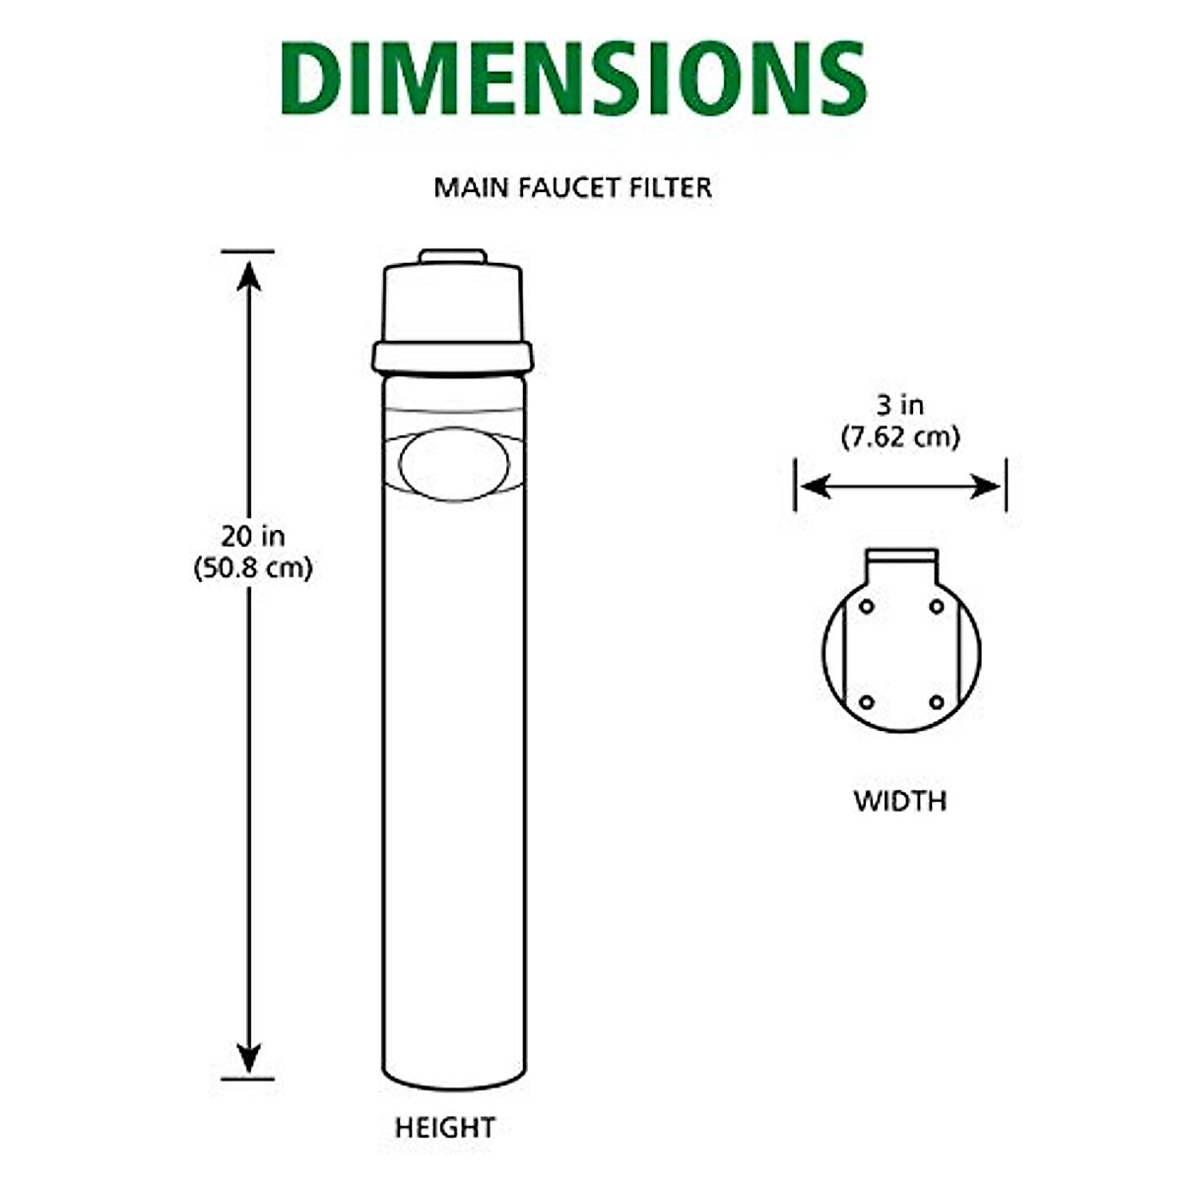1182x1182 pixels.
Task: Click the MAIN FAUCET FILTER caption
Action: click(572, 187)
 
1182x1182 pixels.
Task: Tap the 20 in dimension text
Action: click(252, 537)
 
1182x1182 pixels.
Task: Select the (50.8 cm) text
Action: click(252, 568)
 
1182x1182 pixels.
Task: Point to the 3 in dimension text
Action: click(899, 405)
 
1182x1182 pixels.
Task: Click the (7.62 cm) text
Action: click(899, 436)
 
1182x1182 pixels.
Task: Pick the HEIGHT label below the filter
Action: click(445, 1128)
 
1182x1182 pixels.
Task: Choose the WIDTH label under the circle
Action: click(899, 801)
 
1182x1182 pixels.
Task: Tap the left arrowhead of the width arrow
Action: click(814, 486)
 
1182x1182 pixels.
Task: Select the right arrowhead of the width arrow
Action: click(986, 486)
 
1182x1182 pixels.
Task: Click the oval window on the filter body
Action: click(454, 464)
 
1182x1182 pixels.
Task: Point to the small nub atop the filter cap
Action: click(452, 257)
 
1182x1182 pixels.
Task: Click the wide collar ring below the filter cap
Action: click(452, 357)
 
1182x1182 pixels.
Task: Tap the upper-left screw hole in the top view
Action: click(866, 606)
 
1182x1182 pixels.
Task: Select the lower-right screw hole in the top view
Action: click(937, 702)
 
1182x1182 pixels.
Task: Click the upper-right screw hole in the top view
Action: click(937, 606)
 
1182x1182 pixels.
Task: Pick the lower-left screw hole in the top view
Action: click(866, 702)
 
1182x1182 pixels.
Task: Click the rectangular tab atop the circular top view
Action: click(901, 566)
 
